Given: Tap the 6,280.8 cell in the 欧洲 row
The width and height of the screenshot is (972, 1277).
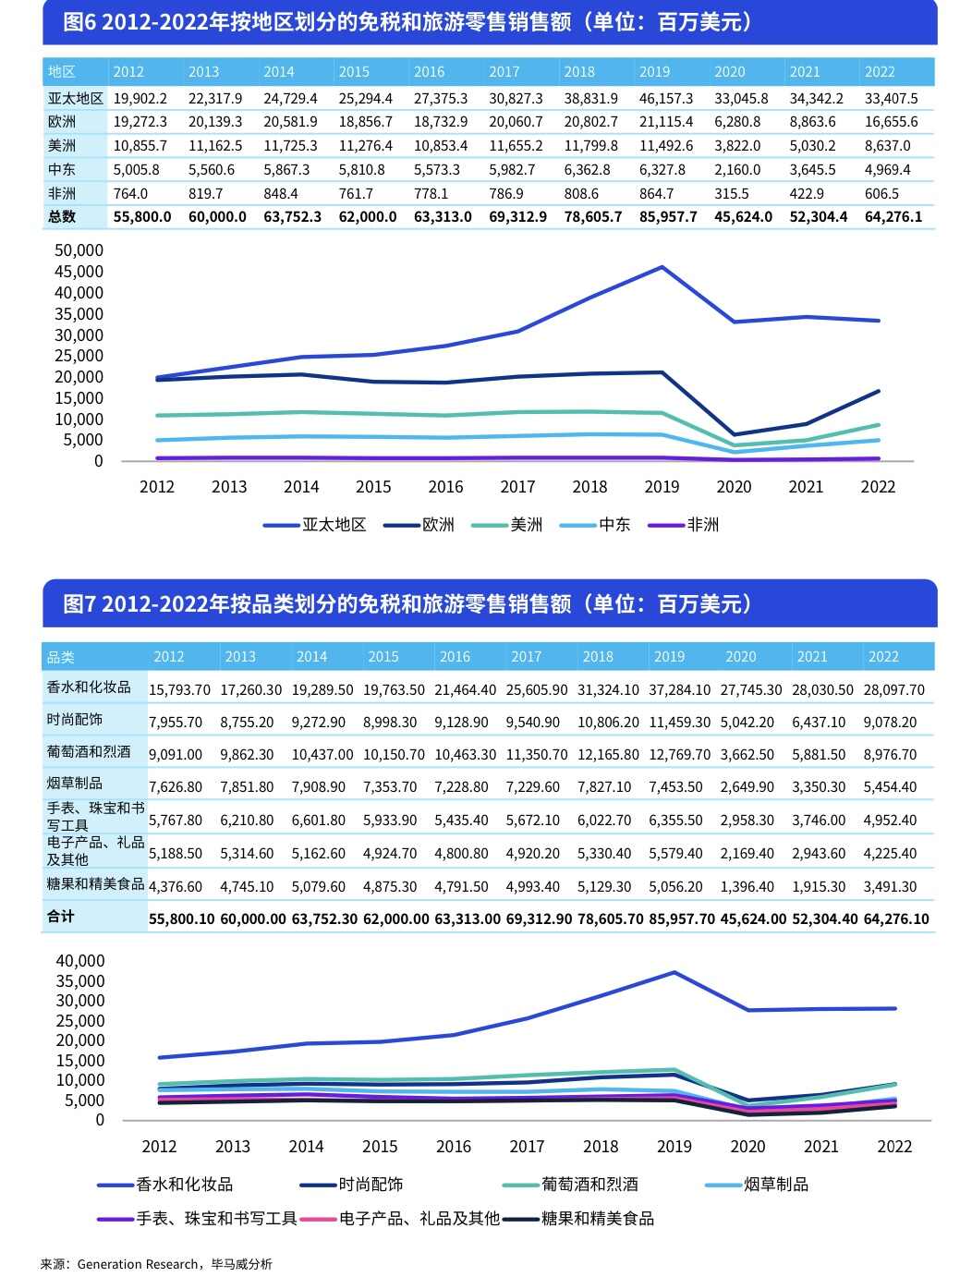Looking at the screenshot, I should pos(737,122).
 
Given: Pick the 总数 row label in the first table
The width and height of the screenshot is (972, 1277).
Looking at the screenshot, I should pos(62,216).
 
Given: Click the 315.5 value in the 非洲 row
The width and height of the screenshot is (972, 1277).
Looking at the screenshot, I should pos(732,193).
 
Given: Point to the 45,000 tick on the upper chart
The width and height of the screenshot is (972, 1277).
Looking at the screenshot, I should pos(79,272).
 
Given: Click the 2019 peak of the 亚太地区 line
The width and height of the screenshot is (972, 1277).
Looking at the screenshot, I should pos(662,267).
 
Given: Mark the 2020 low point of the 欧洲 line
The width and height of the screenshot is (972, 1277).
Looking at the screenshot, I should pos(735,434).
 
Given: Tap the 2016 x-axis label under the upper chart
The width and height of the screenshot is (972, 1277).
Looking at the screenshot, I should pos(445,487).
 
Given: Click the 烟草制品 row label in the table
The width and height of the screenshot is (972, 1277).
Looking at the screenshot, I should pos(75,784).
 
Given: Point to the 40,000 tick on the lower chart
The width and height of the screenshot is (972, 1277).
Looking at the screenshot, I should pos(80,961).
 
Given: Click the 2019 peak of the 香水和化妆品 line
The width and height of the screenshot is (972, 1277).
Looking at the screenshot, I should pos(674,972).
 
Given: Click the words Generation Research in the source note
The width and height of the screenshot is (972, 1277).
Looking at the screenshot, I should pos(138,1264).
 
